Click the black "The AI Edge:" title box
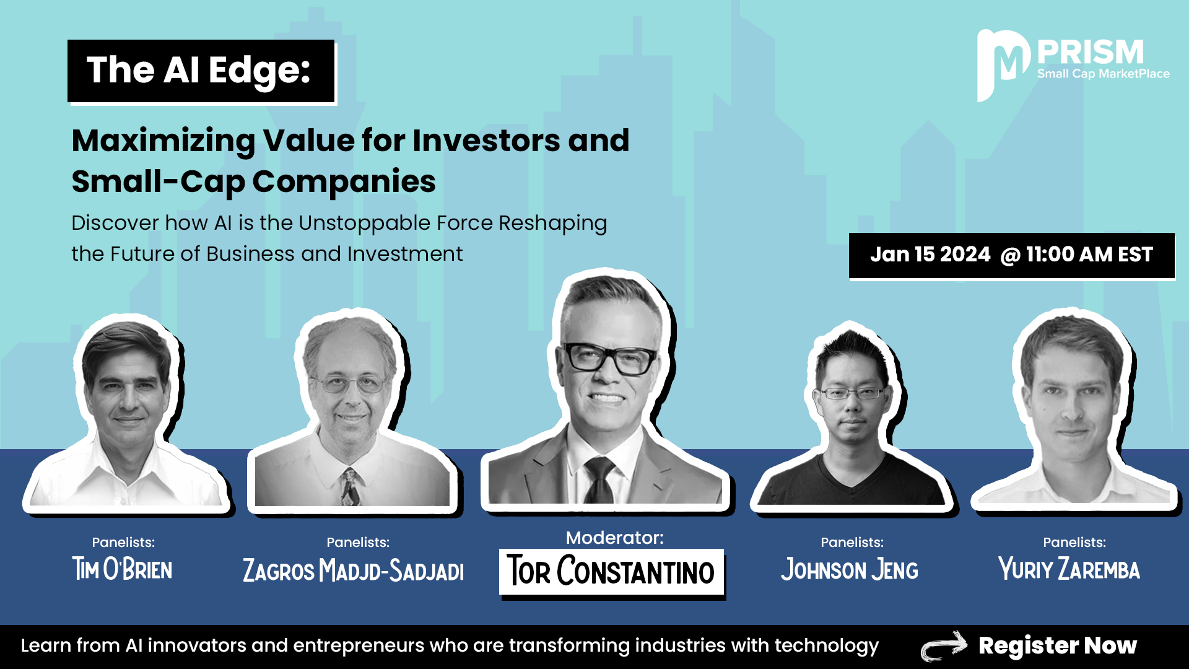pos(201,71)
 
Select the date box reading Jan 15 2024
pos(1011,255)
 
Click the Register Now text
pos(1058,646)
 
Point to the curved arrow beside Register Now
pos(944,646)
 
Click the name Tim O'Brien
pos(123,569)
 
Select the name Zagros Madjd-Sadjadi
pos(353,570)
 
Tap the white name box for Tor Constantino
pos(611,572)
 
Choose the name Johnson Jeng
pos(850,569)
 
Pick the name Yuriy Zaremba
pos(1069,569)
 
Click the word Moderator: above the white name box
pos(614,538)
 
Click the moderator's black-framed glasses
pos(609,358)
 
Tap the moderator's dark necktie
pos(599,479)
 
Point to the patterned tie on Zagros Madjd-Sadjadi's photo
pos(349,487)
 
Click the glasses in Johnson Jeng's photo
pos(851,393)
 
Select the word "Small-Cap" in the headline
pos(159,182)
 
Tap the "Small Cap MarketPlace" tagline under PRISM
pos(1104,74)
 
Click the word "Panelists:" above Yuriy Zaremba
pos(1074,543)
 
